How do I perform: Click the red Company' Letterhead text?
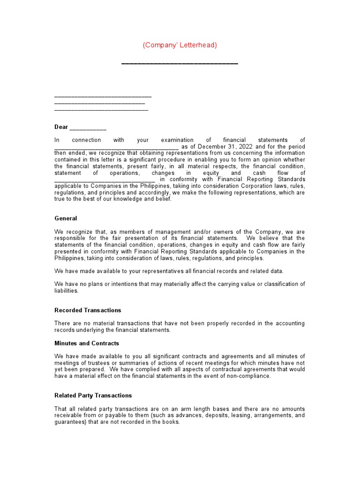(x=180, y=45)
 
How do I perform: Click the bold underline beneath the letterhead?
(x=180, y=63)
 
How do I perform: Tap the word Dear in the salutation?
(x=61, y=127)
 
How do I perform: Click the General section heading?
(x=66, y=218)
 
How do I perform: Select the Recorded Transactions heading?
(x=88, y=310)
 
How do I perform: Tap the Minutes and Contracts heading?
(x=87, y=343)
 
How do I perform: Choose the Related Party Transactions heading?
(x=93, y=396)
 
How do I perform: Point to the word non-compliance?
(x=253, y=376)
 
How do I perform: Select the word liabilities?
(x=66, y=291)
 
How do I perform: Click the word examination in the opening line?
(x=177, y=140)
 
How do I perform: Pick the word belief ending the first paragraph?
(x=163, y=199)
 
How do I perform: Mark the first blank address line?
(x=103, y=97)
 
